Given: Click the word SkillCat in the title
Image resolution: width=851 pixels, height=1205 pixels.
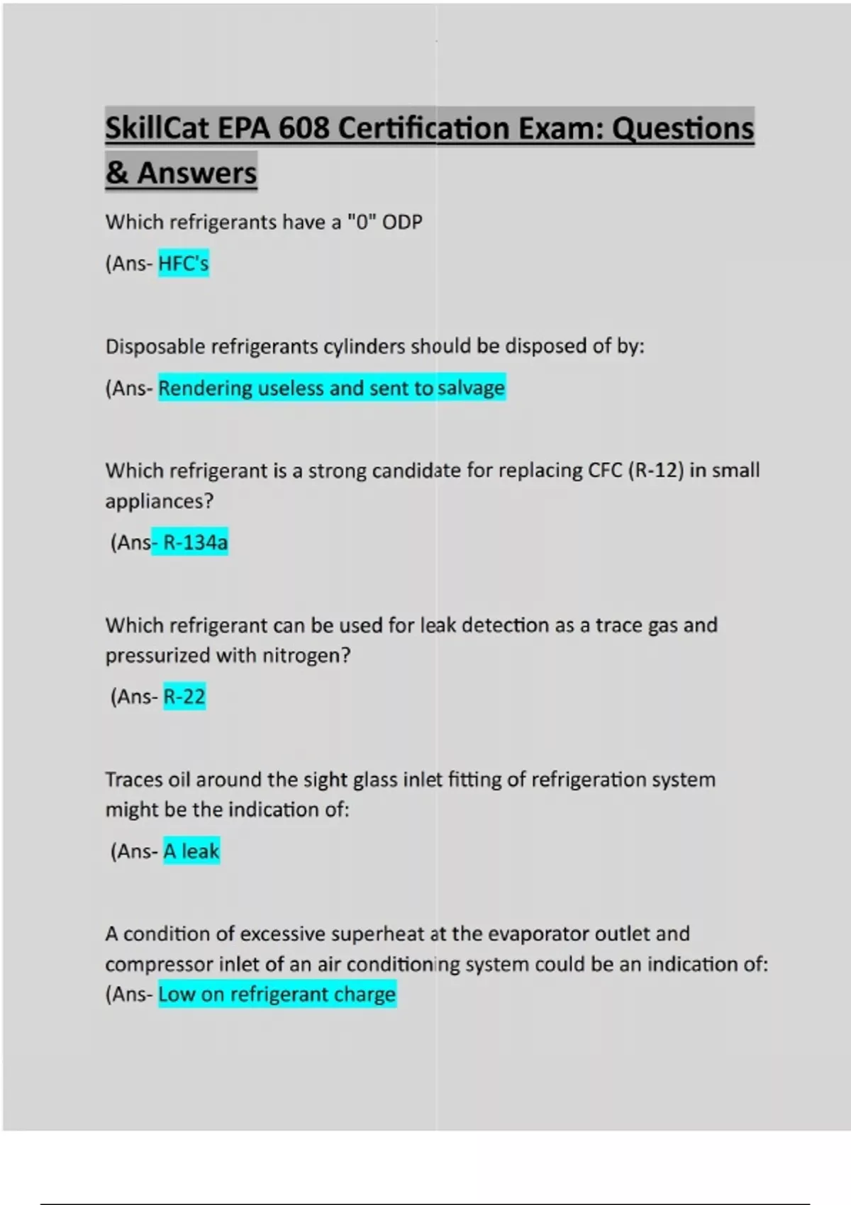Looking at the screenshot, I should click(x=157, y=128).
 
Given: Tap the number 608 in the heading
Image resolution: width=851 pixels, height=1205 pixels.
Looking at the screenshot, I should click(x=304, y=128).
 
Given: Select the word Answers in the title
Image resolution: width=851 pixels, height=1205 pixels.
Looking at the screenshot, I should click(x=196, y=173).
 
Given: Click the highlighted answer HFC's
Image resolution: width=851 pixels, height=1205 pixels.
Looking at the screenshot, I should click(x=183, y=264).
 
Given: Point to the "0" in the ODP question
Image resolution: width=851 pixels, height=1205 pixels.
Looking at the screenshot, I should click(x=362, y=222).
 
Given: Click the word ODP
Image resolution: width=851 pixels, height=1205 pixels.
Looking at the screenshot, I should click(x=402, y=222).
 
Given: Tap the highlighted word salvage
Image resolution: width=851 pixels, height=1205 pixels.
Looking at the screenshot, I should click(x=471, y=388).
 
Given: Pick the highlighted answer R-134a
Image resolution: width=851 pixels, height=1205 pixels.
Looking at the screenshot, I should click(x=195, y=542).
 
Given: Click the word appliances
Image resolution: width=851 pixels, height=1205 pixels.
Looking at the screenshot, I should click(x=159, y=501).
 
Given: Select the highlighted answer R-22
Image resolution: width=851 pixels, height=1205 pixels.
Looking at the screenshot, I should click(x=184, y=697).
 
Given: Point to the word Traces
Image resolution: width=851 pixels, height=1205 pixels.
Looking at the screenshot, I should click(x=134, y=780).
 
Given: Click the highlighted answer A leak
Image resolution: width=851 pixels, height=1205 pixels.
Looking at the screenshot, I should click(x=191, y=851).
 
